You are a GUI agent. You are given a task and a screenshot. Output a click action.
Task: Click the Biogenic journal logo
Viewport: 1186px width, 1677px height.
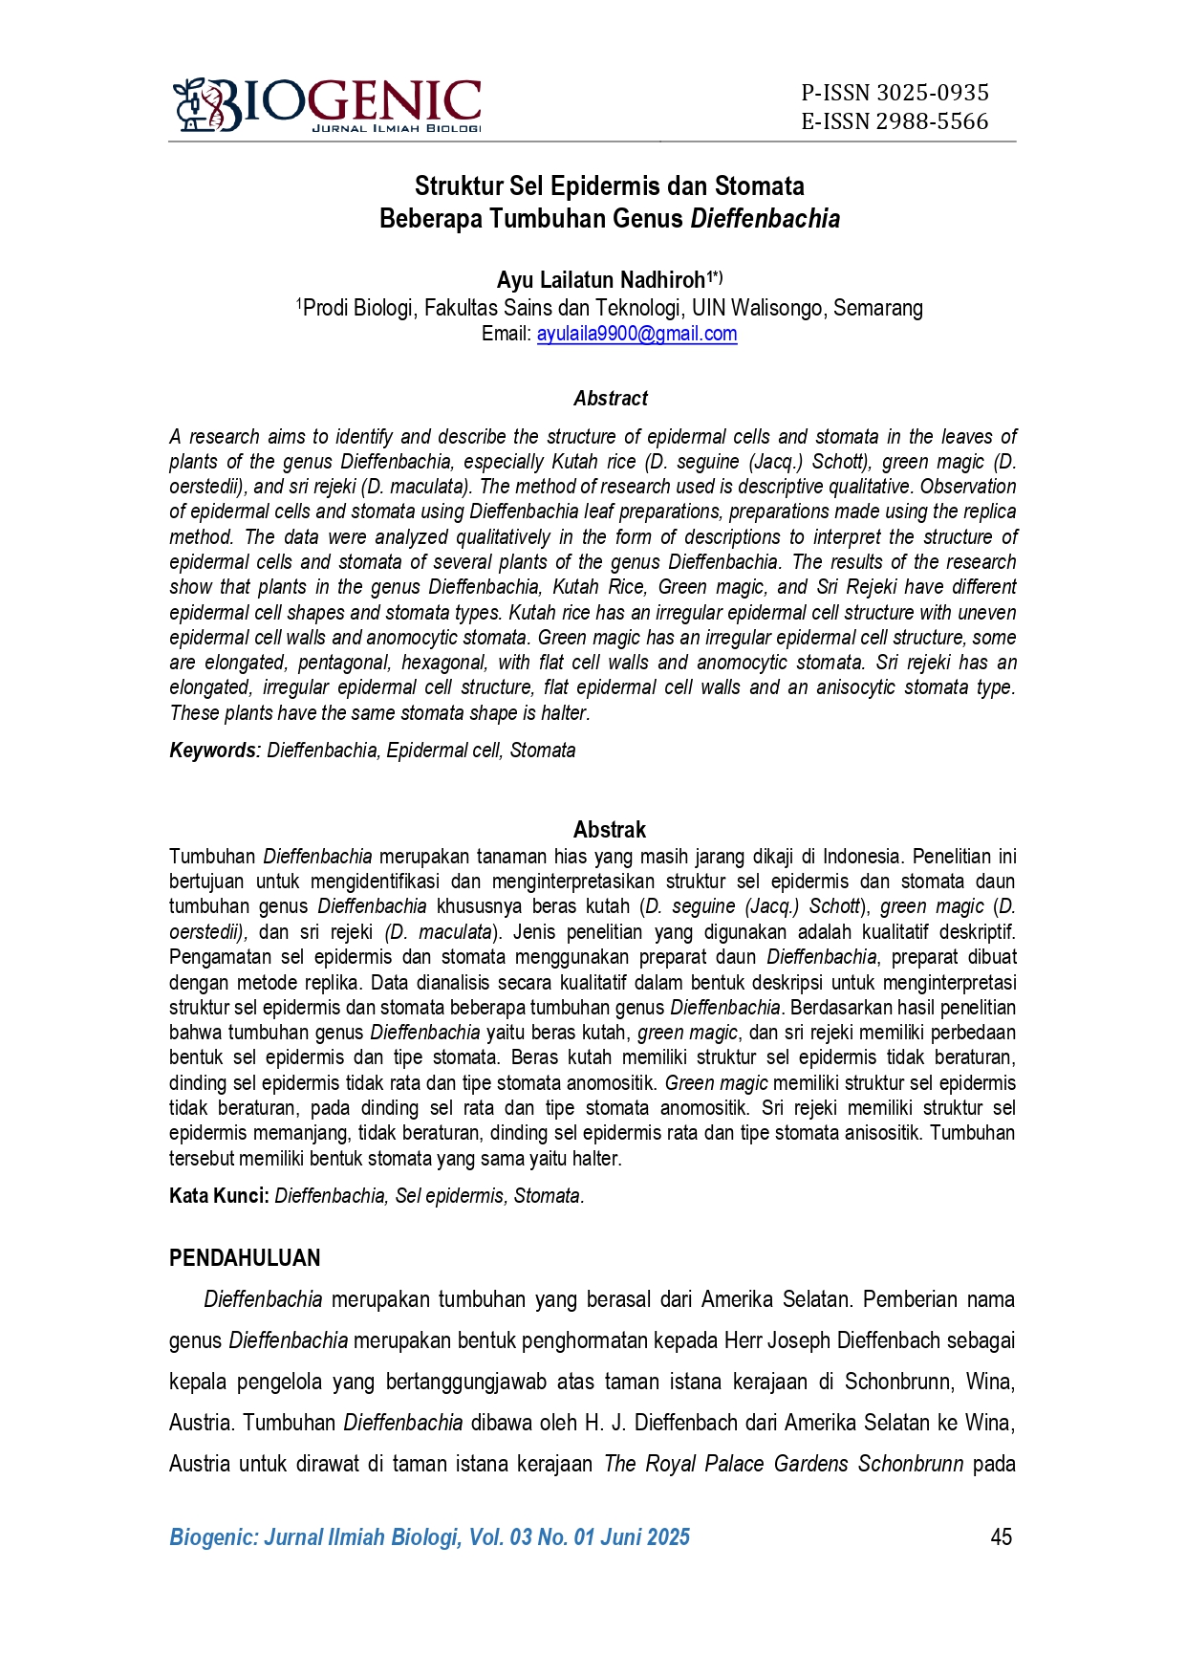coord(327,105)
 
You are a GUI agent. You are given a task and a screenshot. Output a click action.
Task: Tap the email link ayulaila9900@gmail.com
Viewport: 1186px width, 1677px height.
coord(636,334)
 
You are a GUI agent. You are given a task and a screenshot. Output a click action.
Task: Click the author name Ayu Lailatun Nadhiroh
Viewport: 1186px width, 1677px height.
coord(600,280)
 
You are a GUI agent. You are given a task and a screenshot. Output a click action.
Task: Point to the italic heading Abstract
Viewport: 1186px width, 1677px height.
coord(610,399)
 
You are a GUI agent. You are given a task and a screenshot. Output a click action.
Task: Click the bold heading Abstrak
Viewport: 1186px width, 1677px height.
coord(609,829)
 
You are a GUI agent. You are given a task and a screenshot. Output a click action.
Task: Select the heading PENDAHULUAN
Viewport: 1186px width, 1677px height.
coord(245,1258)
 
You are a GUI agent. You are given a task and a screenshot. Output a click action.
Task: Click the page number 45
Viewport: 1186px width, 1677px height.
coord(1001,1536)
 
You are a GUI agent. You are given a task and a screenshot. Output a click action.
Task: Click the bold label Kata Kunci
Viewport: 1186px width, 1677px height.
coord(219,1196)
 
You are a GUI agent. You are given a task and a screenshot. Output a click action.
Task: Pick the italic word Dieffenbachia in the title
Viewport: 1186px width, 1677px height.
coord(765,219)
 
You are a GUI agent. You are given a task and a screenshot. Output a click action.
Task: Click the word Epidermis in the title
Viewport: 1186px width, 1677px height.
coord(606,185)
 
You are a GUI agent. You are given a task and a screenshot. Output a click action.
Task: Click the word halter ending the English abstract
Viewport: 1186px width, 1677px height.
coord(564,713)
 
